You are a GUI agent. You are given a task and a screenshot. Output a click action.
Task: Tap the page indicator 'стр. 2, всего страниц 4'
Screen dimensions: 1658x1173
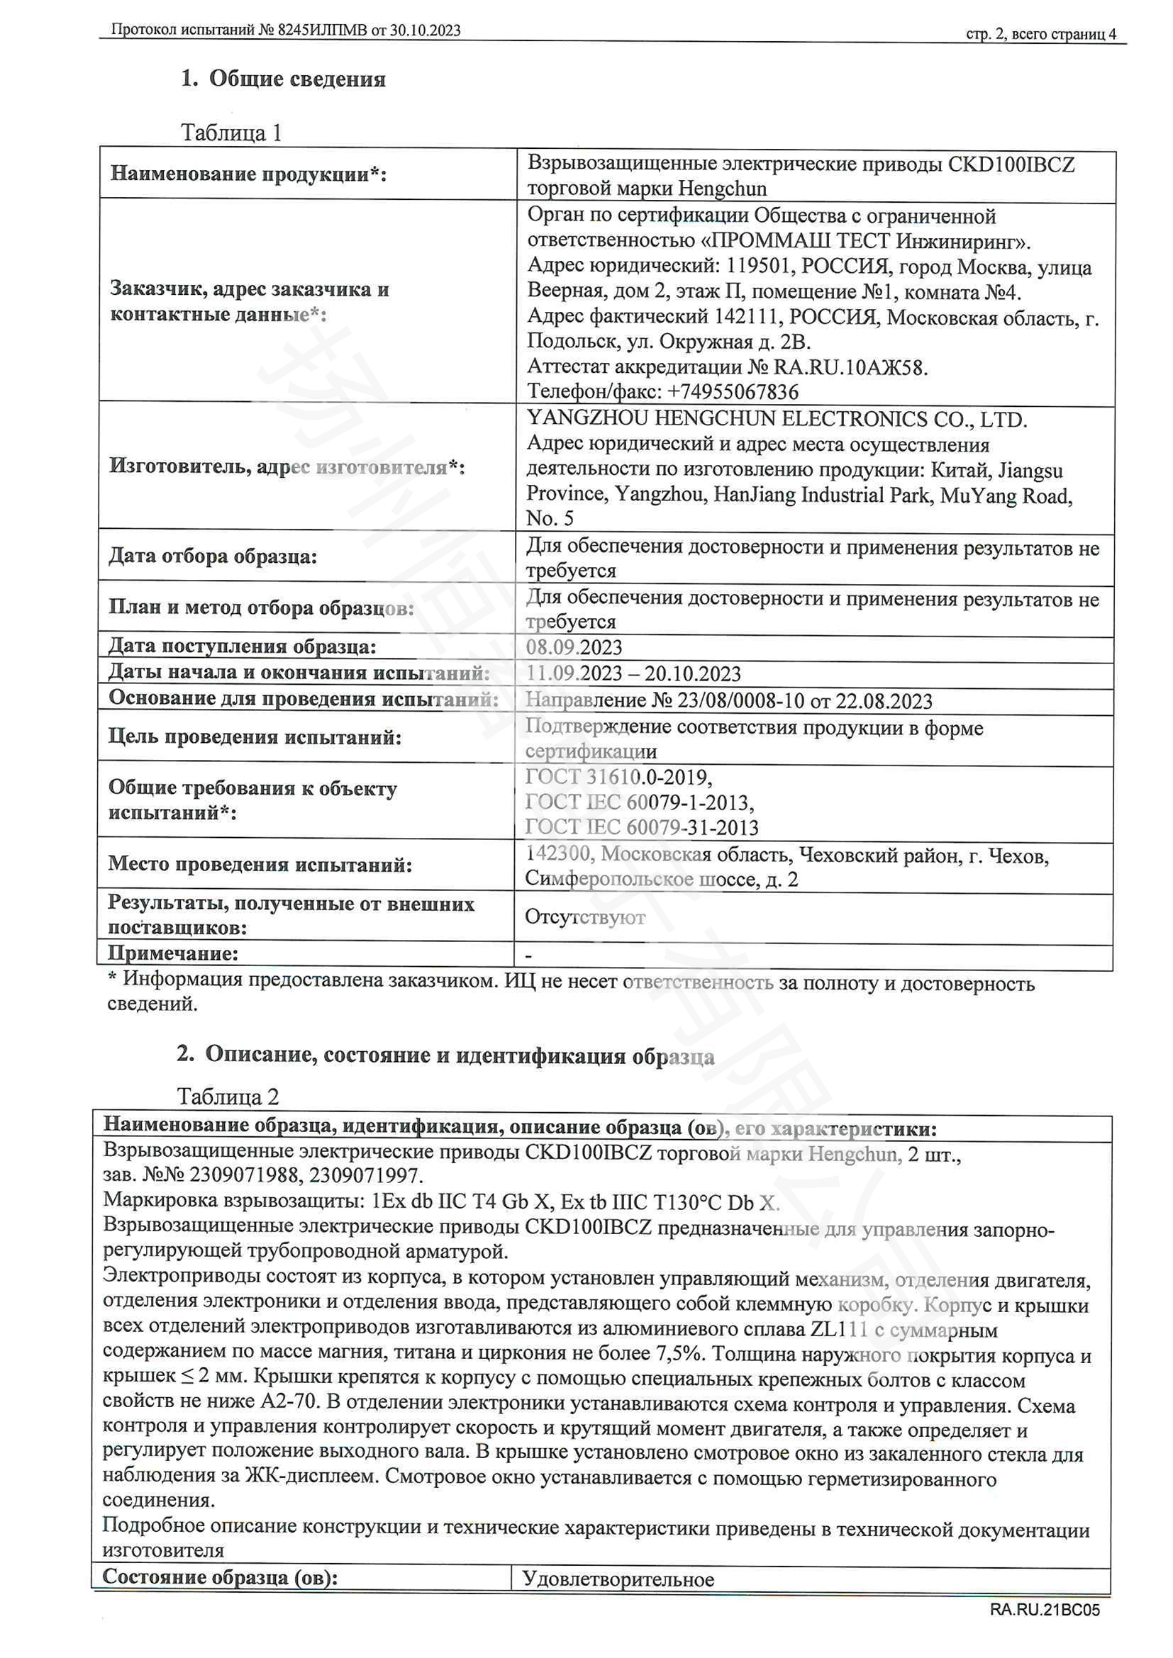pyautogui.click(x=1040, y=34)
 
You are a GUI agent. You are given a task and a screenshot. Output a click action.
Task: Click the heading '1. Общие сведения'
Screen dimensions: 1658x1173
pyautogui.click(x=283, y=79)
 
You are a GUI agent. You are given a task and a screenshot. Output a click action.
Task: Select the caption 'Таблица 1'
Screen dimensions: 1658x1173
pyautogui.click(x=231, y=133)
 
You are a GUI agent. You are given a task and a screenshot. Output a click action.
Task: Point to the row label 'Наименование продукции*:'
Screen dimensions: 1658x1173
pyautogui.click(x=248, y=174)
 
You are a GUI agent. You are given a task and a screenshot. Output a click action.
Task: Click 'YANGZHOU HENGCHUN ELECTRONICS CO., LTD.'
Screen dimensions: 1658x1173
pyautogui.click(x=777, y=419)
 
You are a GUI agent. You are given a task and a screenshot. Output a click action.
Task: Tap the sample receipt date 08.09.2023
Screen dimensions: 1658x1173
pyautogui.click(x=574, y=647)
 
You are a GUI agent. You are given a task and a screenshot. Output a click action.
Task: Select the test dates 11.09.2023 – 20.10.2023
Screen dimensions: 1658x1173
pyautogui.click(x=633, y=673)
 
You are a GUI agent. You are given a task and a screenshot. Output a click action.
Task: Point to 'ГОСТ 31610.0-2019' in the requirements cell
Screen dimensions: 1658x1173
pyautogui.click(x=618, y=777)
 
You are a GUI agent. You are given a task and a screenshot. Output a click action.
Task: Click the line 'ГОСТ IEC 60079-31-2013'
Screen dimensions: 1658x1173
pyautogui.click(x=641, y=827)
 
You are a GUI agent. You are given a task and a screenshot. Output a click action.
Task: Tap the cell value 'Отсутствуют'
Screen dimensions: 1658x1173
pyautogui.click(x=584, y=917)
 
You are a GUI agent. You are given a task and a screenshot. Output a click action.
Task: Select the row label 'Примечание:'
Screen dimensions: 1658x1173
pyautogui.click(x=173, y=953)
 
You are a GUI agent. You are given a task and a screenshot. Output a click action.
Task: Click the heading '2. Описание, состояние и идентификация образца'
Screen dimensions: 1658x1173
pyautogui.click(x=445, y=1055)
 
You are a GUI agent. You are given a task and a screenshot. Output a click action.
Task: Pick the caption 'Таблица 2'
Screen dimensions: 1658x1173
pyautogui.click(x=228, y=1097)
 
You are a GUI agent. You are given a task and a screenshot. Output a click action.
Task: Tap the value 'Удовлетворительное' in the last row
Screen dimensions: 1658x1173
pyautogui.click(x=618, y=1579)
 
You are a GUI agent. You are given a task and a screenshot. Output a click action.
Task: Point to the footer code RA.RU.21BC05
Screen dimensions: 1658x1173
pyautogui.click(x=1045, y=1610)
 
